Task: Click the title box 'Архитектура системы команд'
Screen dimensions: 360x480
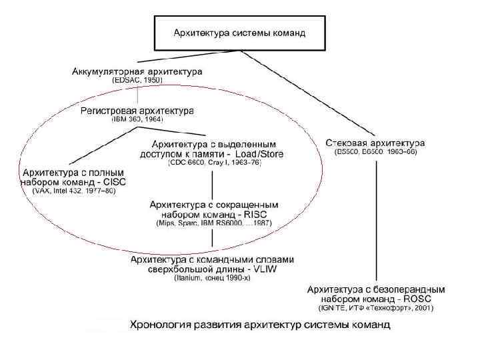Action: click(x=239, y=33)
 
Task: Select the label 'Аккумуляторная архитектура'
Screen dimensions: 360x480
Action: click(x=137, y=71)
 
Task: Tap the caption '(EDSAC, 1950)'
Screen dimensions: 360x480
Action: click(x=137, y=80)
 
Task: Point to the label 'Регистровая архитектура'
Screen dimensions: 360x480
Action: click(x=137, y=111)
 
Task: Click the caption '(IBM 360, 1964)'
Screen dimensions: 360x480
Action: click(x=137, y=120)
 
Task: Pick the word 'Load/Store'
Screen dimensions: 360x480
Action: click(x=259, y=154)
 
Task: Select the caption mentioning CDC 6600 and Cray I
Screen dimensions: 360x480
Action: click(x=215, y=162)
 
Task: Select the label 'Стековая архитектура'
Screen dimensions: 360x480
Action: click(x=375, y=143)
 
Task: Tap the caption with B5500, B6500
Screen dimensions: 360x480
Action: click(x=375, y=152)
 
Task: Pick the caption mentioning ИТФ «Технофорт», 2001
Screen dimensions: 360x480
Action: click(x=375, y=308)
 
